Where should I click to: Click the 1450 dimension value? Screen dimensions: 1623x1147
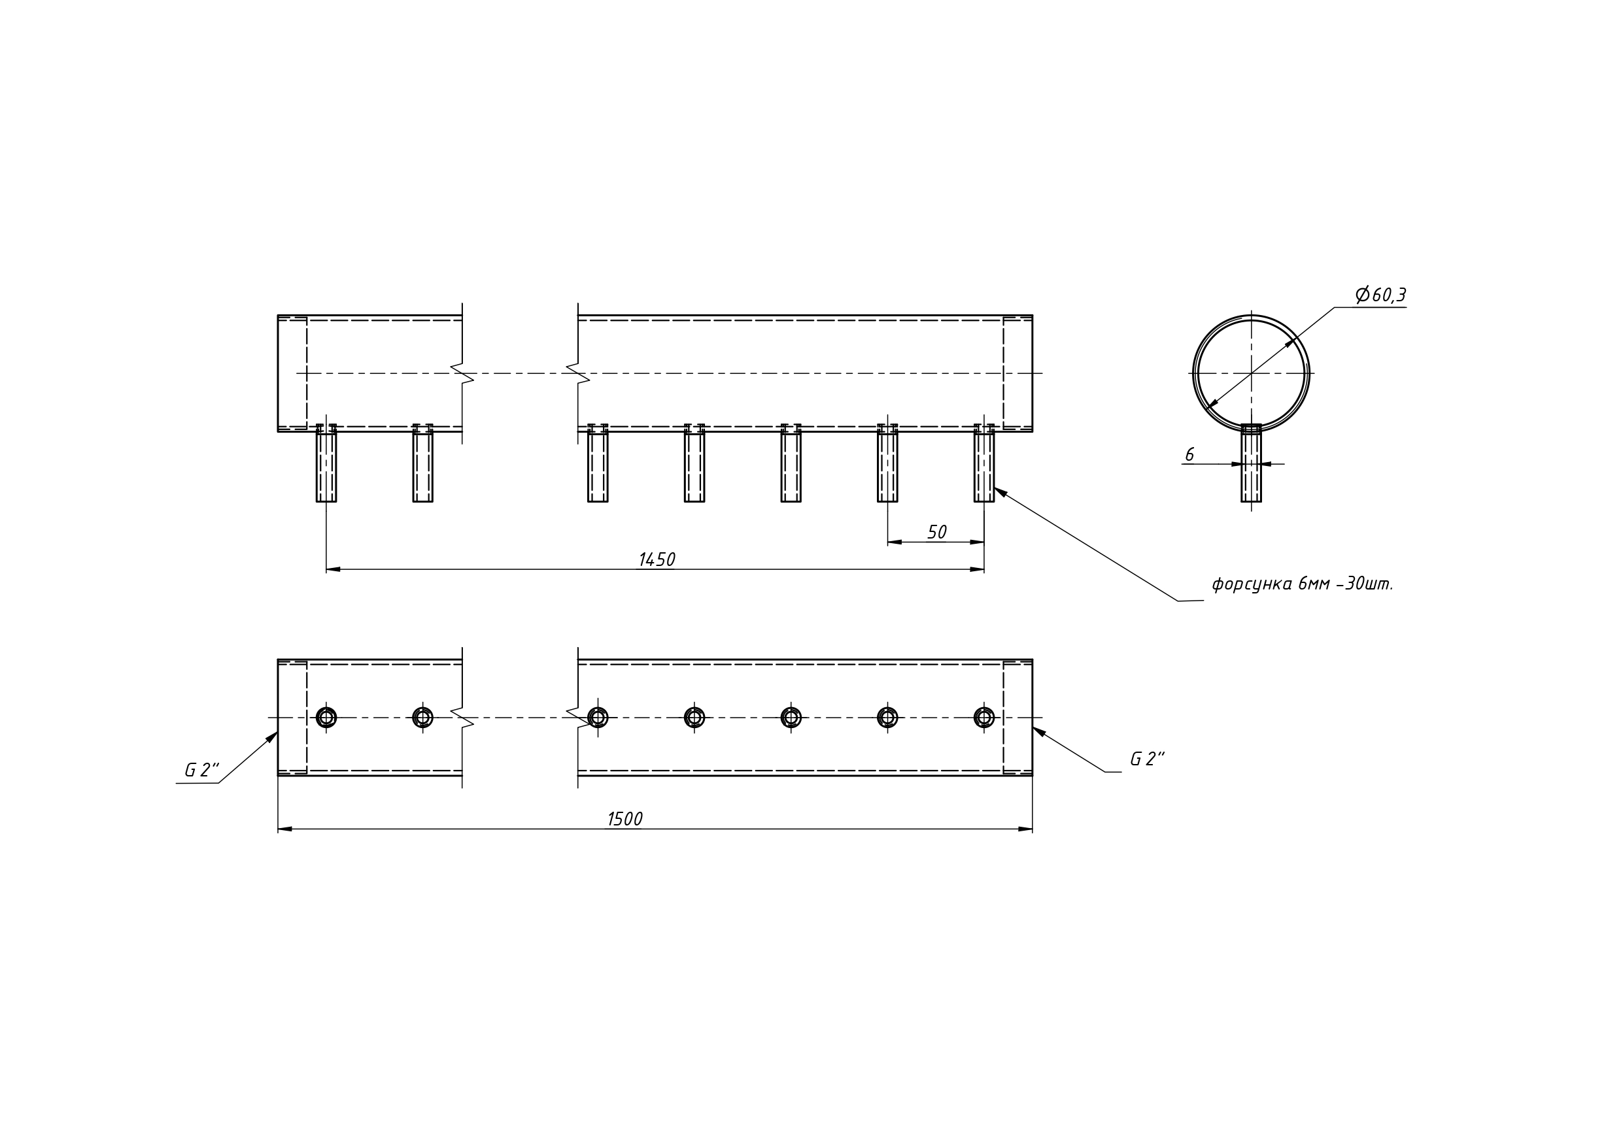tap(657, 559)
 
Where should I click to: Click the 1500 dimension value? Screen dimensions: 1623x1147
tap(625, 819)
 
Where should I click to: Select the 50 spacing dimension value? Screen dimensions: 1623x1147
tap(936, 532)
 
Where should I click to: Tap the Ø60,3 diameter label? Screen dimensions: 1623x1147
tap(1380, 295)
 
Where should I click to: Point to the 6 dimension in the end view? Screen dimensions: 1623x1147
tap(1189, 455)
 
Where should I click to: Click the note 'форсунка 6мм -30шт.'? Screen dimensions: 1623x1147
tap(1303, 584)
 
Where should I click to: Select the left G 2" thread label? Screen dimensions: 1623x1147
tap(202, 771)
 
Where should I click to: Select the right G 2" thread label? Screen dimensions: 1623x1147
tap(1147, 759)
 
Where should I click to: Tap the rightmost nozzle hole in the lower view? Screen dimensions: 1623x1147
tap(984, 718)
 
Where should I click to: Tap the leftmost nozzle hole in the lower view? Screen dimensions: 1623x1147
tap(326, 718)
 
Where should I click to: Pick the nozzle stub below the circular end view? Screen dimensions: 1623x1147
tap(1251, 463)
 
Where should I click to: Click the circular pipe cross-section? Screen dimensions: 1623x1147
tap(1251, 373)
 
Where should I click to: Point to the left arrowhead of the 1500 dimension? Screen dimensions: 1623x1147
tap(285, 829)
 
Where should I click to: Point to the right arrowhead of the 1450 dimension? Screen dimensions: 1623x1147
tap(977, 569)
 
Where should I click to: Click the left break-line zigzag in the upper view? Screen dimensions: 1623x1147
tap(462, 373)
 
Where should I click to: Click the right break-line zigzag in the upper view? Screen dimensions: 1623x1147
tap(578, 373)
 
